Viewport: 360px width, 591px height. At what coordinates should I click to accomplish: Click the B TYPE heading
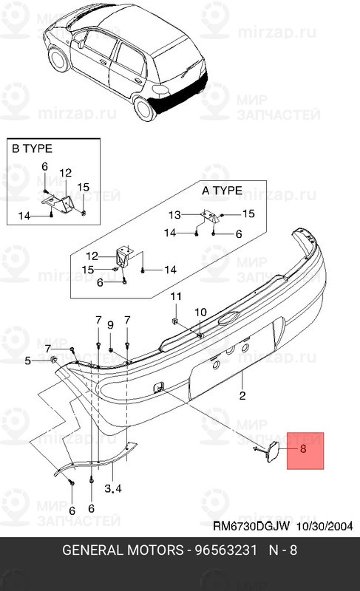coord(31,148)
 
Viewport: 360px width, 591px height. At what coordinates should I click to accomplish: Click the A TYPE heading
coord(222,190)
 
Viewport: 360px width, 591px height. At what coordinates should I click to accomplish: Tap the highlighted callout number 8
coord(302,448)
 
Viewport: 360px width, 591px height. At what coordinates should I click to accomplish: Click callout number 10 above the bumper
coord(200,312)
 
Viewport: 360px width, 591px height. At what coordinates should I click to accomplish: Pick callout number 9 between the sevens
coord(110,324)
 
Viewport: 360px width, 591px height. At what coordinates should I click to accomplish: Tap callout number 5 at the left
coord(28,361)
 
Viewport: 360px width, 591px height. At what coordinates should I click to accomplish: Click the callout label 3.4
coord(114,489)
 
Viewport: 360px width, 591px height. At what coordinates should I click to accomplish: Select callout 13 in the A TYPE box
coord(174,215)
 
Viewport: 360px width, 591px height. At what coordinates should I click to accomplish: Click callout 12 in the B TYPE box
coord(65,172)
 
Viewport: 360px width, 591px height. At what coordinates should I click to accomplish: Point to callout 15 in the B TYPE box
coord(83,186)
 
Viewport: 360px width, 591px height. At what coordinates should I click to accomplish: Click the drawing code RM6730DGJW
coord(252,527)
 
